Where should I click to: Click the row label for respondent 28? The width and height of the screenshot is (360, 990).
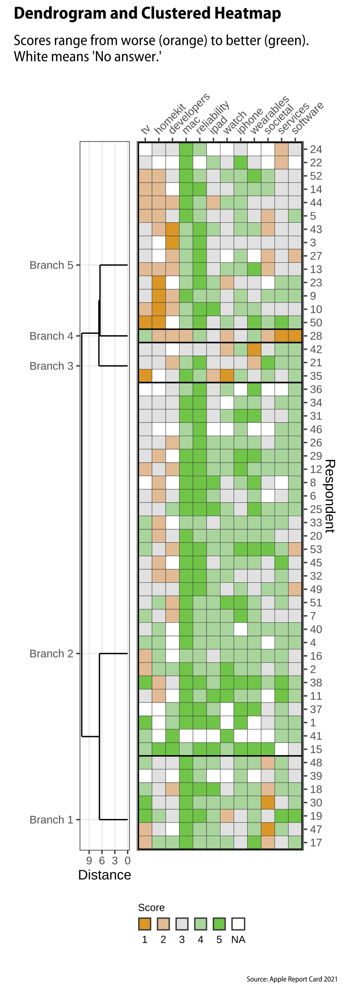[x=316, y=336]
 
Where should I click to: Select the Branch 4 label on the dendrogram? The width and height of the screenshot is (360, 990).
[x=51, y=336]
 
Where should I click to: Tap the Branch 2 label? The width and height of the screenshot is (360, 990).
[x=51, y=653]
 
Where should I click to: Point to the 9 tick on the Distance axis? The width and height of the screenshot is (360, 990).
[x=89, y=861]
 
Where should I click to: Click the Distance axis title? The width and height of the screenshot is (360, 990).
[x=104, y=875]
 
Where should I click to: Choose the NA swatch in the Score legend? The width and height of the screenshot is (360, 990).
[x=238, y=924]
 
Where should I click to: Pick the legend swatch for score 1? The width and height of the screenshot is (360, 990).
[x=145, y=924]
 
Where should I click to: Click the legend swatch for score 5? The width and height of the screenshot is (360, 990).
[x=219, y=924]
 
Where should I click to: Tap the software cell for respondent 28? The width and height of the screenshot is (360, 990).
[x=295, y=336]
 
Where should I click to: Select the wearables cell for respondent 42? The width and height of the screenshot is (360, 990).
[x=254, y=349]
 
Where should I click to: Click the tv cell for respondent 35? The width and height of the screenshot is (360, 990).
[x=145, y=376]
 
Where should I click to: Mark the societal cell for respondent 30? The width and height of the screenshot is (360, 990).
[x=268, y=803]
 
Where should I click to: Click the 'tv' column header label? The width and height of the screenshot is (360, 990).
[x=145, y=130]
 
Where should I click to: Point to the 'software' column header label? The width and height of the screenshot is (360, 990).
[x=308, y=118]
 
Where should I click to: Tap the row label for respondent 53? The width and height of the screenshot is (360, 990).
[x=316, y=549]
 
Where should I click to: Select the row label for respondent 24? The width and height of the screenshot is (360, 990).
[x=316, y=149]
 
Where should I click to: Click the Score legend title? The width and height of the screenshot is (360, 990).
[x=151, y=908]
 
